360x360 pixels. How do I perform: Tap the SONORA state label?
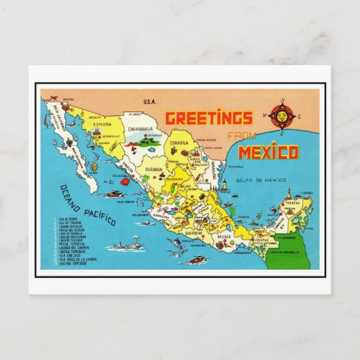tap(101, 126)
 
